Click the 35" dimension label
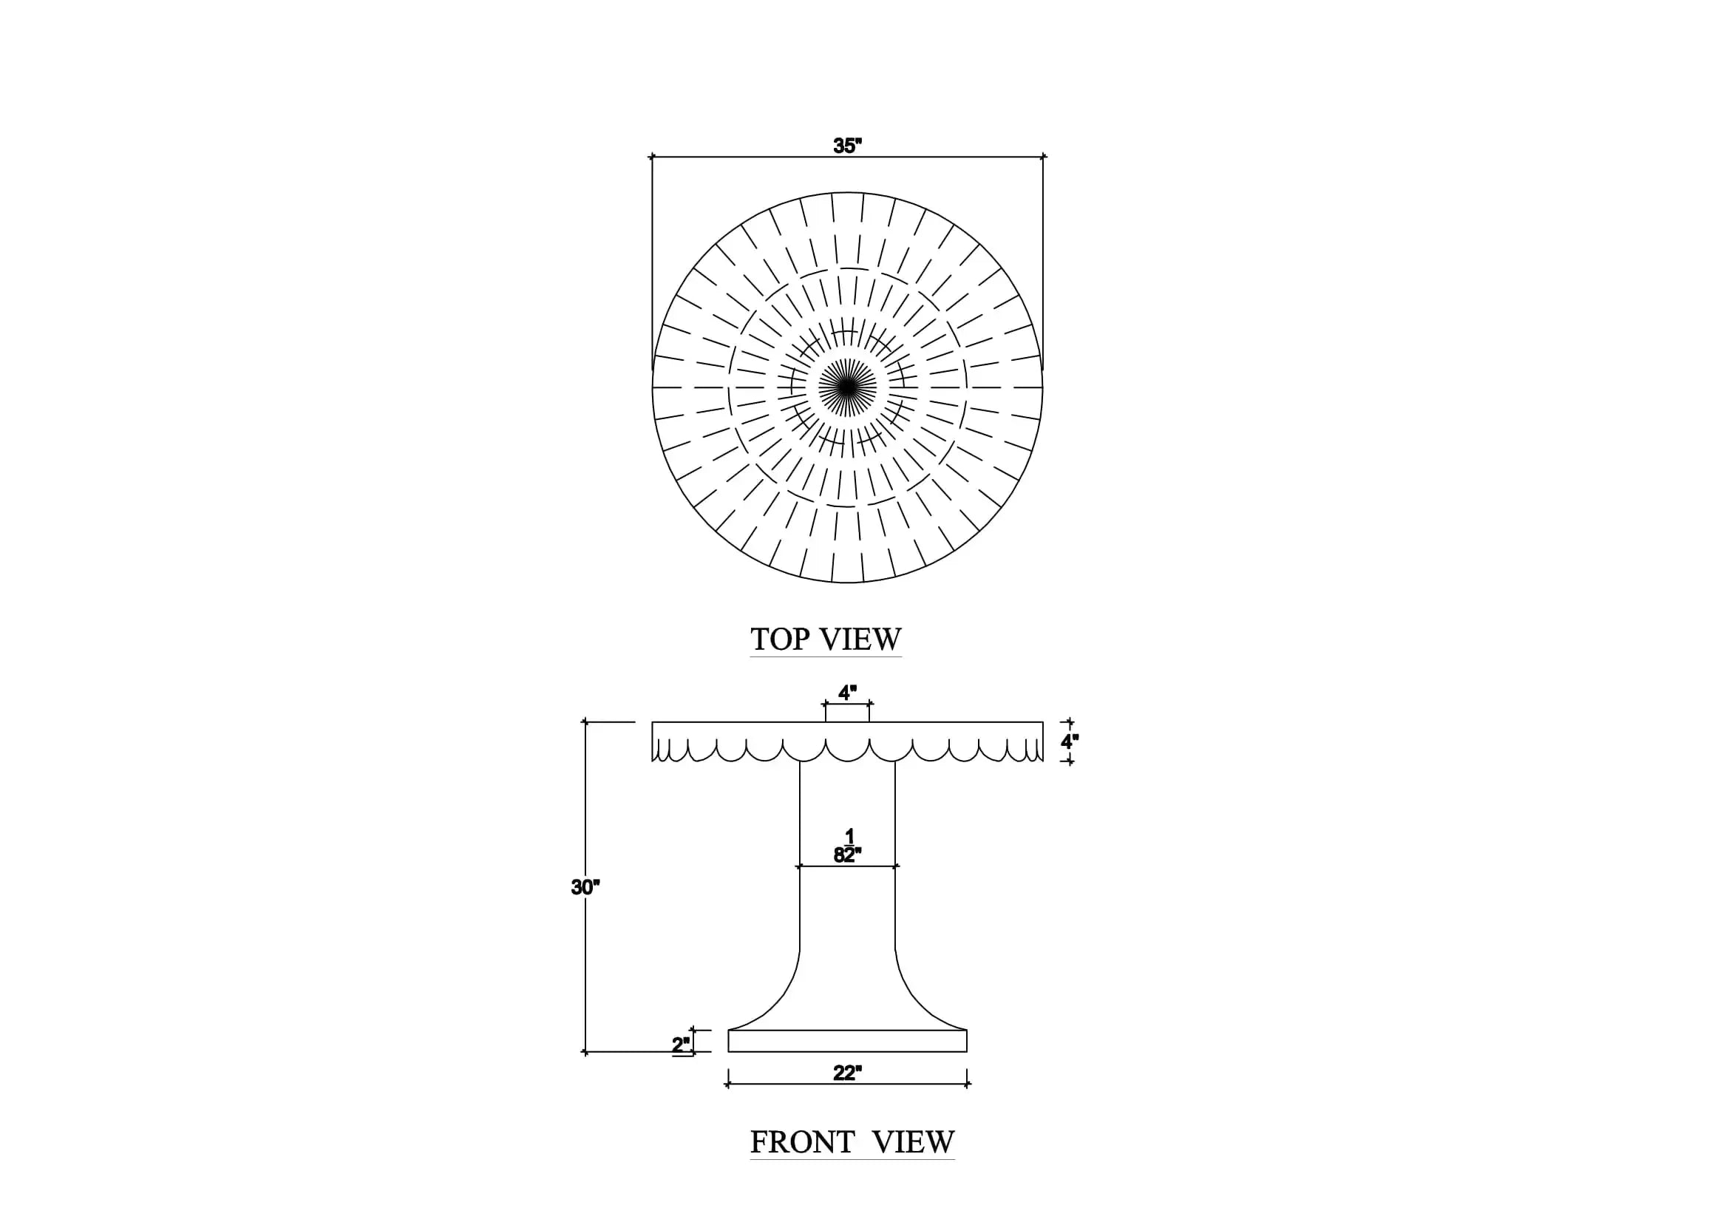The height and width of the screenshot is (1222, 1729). pyautogui.click(x=847, y=146)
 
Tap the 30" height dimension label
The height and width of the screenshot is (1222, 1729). pyautogui.click(x=585, y=888)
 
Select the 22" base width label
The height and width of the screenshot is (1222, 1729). pyautogui.click(x=847, y=1073)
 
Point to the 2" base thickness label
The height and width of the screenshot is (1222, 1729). pyautogui.click(x=681, y=1045)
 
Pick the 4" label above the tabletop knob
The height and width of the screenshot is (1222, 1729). pyautogui.click(x=847, y=693)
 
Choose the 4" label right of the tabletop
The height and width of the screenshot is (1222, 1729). pyautogui.click(x=1070, y=741)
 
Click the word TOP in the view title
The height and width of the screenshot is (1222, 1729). pyautogui.click(x=780, y=639)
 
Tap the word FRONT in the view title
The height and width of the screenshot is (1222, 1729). pyautogui.click(x=803, y=1143)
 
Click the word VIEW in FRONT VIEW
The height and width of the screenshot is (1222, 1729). pyautogui.click(x=914, y=1143)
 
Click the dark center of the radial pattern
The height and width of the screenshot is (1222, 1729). pyautogui.click(x=847, y=387)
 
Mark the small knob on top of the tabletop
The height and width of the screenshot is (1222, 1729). pyautogui.click(x=847, y=712)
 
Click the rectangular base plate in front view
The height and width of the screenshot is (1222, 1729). pyautogui.click(x=847, y=1041)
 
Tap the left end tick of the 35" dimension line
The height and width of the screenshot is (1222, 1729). pyautogui.click(x=652, y=157)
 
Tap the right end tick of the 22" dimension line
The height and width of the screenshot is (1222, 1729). pyautogui.click(x=968, y=1084)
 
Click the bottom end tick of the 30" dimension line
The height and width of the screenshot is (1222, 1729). pyautogui.click(x=586, y=1052)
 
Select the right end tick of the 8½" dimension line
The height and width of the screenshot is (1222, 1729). pyautogui.click(x=895, y=866)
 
